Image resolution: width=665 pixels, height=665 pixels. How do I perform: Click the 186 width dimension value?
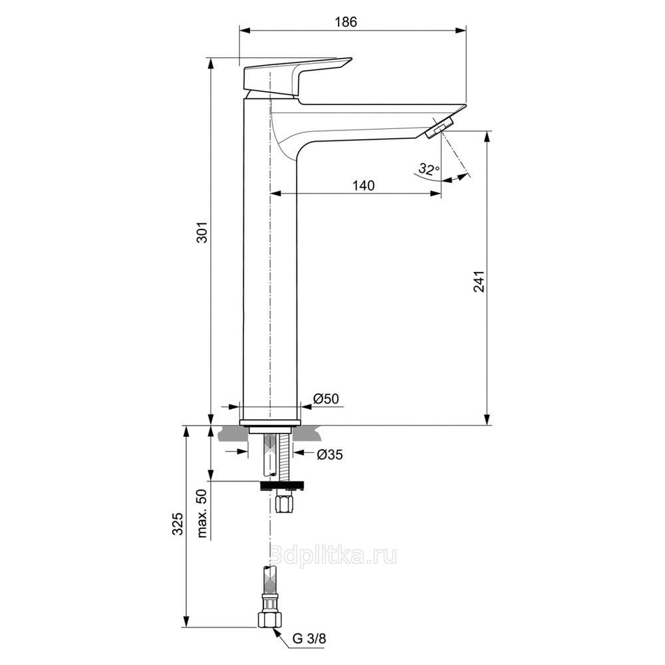[x=346, y=22]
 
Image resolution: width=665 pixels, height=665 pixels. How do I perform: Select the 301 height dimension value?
[x=204, y=231]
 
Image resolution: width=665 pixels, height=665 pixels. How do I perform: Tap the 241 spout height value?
[x=479, y=281]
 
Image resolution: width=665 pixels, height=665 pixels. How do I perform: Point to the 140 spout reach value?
[x=364, y=186]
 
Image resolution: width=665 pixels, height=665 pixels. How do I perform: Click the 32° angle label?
[x=429, y=169]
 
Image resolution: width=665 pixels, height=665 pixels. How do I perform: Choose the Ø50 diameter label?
[x=326, y=398]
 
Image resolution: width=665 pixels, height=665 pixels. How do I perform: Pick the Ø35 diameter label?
[x=330, y=455]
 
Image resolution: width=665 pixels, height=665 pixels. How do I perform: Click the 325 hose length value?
[x=178, y=523]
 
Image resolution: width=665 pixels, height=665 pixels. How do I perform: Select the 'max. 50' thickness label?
[x=202, y=513]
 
